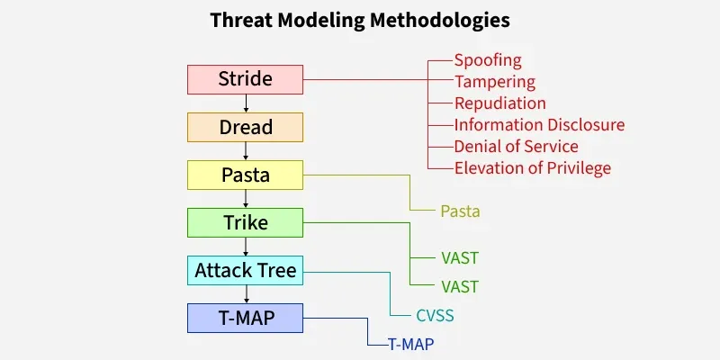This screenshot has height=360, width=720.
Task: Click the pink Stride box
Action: tap(245, 79)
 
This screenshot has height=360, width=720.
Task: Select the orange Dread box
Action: tap(245, 127)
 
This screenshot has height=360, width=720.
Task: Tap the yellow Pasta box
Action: tap(245, 175)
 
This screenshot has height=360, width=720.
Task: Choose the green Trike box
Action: tap(245, 222)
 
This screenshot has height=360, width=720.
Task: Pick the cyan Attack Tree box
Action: tap(245, 271)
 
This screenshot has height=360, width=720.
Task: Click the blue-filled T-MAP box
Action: tap(245, 319)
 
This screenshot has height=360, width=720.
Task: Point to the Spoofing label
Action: tap(488, 60)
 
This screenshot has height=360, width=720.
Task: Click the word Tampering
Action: tap(495, 82)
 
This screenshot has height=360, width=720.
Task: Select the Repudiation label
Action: tap(500, 103)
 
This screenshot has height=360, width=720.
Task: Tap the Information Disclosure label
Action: tap(539, 125)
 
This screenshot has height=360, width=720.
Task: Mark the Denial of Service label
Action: tap(516, 147)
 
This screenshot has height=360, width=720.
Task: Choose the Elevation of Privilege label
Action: tap(533, 168)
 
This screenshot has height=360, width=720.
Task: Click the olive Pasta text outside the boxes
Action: tap(461, 211)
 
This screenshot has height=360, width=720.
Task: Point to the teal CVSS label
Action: tap(435, 316)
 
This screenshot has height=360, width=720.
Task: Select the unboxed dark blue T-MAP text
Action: tap(411, 345)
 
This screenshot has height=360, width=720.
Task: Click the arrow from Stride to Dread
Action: tap(246, 103)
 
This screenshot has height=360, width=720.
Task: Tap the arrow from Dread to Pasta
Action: tap(246, 151)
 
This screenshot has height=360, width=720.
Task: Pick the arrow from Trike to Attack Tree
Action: tap(246, 247)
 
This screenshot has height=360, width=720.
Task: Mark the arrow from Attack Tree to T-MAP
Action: tap(246, 294)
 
